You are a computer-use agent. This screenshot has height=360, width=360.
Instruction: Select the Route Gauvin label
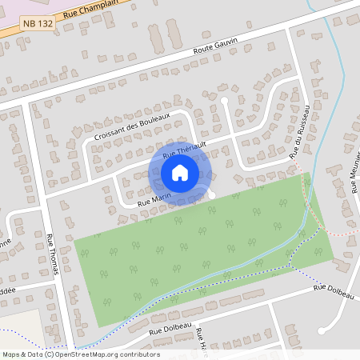click(216, 50)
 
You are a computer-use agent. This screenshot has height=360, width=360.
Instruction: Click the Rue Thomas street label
click(54, 253)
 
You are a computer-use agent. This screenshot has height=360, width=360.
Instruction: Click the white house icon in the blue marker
click(180, 173)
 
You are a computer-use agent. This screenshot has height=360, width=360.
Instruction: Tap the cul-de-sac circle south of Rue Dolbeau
click(322, 330)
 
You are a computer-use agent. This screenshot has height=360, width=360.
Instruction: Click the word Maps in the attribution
click(10, 354)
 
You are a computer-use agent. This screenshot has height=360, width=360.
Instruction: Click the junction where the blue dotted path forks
click(290, 263)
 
